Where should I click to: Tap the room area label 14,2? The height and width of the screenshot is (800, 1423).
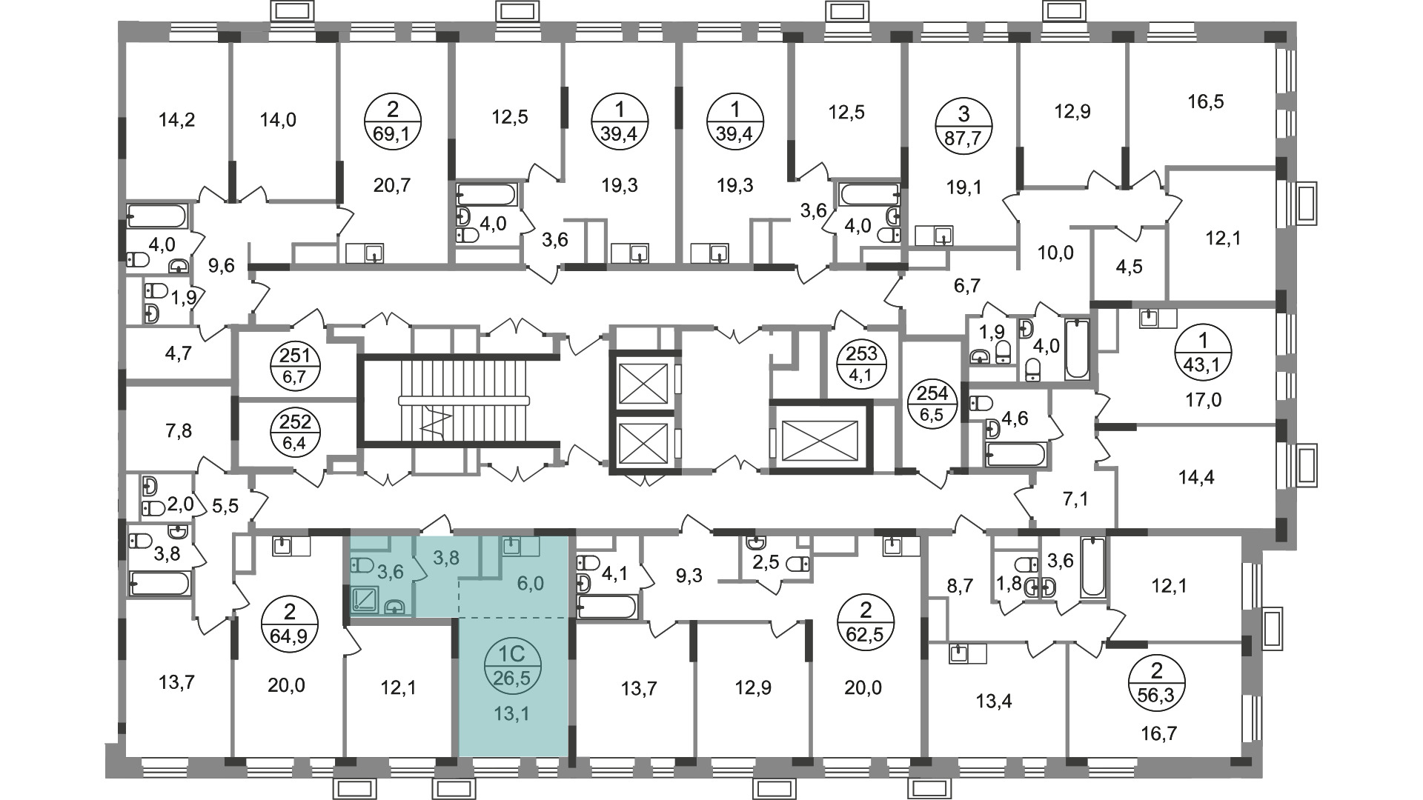pos(177,119)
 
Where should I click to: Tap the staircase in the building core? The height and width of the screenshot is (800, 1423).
pos(459,400)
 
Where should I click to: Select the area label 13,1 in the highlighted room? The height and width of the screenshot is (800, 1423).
pos(514,715)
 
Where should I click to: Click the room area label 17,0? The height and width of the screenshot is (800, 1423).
pos(1204,401)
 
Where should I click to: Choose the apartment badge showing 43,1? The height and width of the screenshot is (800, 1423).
pos(1204,353)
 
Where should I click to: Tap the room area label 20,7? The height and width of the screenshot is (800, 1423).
pos(392,185)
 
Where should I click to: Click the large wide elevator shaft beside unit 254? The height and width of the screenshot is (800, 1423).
pos(820,437)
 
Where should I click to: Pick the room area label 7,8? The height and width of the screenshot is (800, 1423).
pos(176,430)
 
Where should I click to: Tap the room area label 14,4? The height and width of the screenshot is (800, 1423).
pos(1196,478)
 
